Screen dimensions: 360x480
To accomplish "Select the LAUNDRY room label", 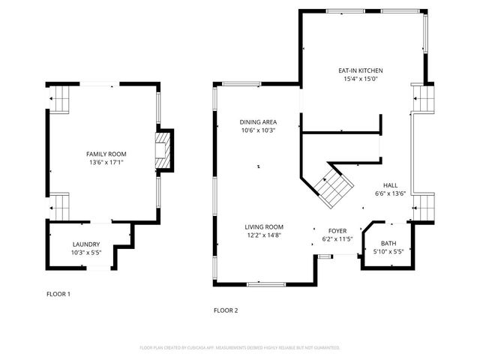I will pyautogui.click(x=85, y=244).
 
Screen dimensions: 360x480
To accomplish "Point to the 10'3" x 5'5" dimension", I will pyautogui.click(x=85, y=253).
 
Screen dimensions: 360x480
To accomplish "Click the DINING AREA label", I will pyautogui.click(x=258, y=121).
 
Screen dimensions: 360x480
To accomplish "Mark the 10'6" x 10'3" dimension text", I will pyautogui.click(x=258, y=130).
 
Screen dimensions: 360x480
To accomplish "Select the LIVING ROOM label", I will pyautogui.click(x=263, y=226).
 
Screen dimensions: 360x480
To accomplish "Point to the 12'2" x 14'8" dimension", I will pyautogui.click(x=263, y=235).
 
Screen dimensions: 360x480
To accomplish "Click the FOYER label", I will pyautogui.click(x=337, y=231).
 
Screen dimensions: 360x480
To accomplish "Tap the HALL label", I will pyautogui.click(x=390, y=185).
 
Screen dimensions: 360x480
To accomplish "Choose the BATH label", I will pyautogui.click(x=388, y=243).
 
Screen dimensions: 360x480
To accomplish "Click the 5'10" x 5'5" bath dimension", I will pyautogui.click(x=388, y=252).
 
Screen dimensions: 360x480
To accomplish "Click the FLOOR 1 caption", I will pyautogui.click(x=58, y=294).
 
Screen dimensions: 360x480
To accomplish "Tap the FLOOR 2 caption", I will pyautogui.click(x=225, y=310).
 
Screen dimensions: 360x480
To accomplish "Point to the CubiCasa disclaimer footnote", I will pyautogui.click(x=240, y=348).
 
